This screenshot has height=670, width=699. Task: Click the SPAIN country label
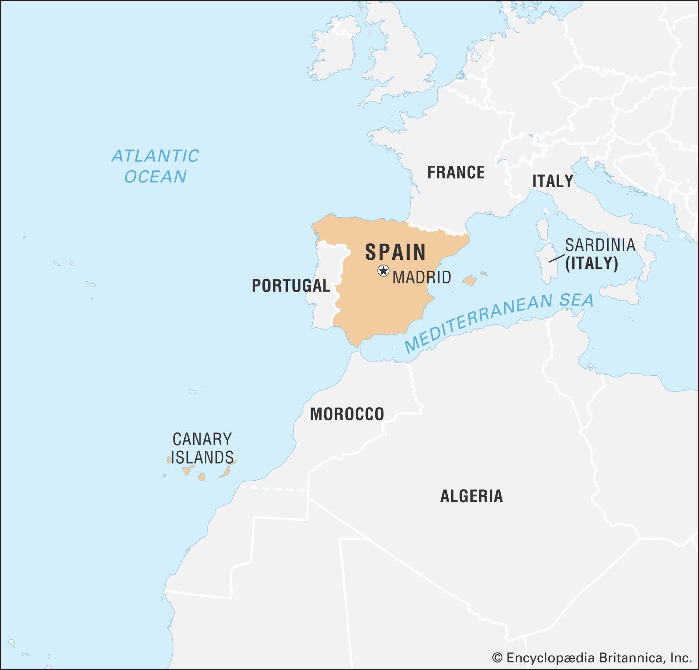(395, 252)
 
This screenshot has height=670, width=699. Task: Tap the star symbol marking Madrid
(383, 271)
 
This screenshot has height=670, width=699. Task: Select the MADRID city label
(422, 277)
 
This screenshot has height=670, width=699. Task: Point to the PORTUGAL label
(291, 286)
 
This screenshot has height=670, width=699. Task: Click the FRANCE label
(456, 172)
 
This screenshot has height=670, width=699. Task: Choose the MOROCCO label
(347, 414)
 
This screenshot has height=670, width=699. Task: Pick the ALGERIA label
(471, 496)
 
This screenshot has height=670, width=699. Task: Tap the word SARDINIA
(600, 245)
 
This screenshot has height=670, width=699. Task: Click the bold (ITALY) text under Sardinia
(592, 263)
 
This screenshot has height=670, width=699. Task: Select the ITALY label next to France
(552, 181)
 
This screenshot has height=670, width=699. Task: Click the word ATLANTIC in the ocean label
(155, 156)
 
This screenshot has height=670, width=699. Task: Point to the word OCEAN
(155, 177)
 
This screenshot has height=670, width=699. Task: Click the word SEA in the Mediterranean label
(577, 300)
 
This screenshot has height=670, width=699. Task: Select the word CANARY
(202, 439)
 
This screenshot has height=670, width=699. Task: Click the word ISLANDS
(202, 457)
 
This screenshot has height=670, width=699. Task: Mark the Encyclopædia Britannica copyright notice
(592, 658)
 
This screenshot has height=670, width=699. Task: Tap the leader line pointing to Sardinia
(557, 258)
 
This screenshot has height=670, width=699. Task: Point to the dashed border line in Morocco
(273, 488)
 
